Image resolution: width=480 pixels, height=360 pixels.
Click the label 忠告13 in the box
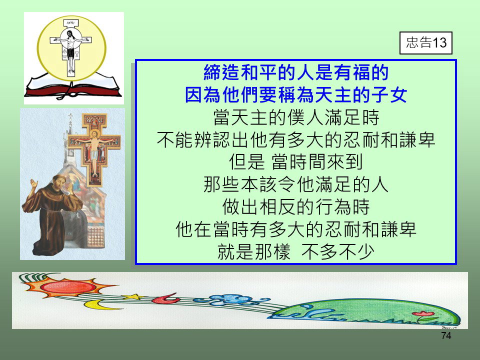(x=426, y=42)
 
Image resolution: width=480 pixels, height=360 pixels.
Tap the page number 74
(x=446, y=336)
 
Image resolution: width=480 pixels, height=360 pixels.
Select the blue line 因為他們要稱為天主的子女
(x=296, y=94)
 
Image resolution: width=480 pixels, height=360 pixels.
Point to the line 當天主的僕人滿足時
(x=296, y=117)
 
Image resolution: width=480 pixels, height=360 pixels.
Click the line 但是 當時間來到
(x=296, y=162)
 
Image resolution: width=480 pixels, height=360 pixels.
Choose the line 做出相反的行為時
(x=296, y=207)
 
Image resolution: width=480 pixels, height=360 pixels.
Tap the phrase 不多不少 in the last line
(x=338, y=252)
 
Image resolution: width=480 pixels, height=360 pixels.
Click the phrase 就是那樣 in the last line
(x=254, y=252)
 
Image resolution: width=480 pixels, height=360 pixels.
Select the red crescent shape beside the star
(x=165, y=298)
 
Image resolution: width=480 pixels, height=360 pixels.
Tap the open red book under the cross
(x=72, y=86)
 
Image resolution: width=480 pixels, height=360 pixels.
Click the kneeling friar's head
(x=59, y=181)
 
